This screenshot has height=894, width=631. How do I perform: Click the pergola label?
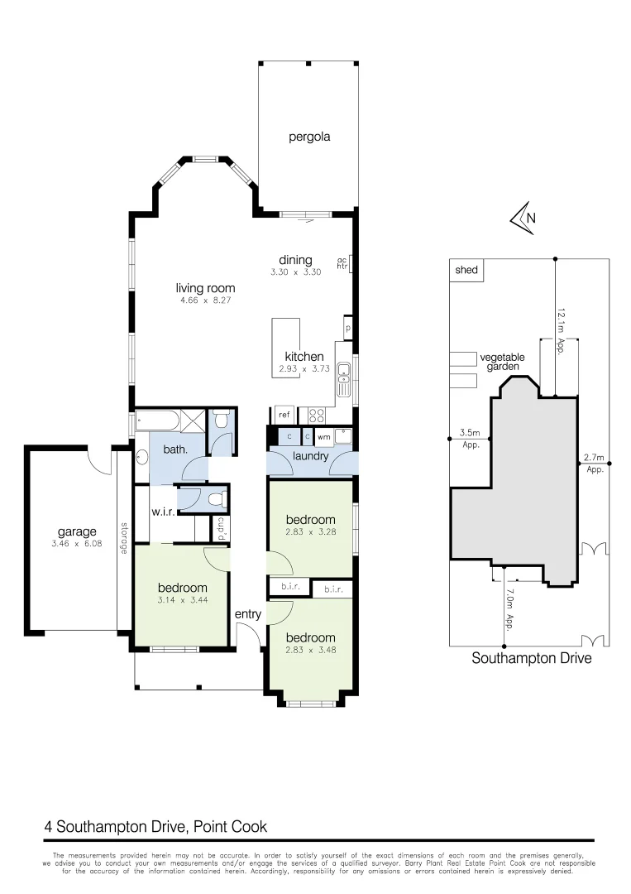pyautogui.click(x=309, y=137)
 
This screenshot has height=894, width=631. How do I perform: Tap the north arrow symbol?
pyautogui.click(x=522, y=218)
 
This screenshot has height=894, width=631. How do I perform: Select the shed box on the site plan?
pyautogui.click(x=467, y=270)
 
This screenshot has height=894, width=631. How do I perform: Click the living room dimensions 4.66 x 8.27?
pyautogui.click(x=205, y=301)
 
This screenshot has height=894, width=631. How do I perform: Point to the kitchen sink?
pyautogui.click(x=345, y=381)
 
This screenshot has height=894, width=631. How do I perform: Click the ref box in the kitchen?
pyautogui.click(x=284, y=415)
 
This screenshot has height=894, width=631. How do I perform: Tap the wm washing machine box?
pyautogui.click(x=324, y=436)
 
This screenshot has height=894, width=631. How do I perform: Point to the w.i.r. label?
pyautogui.click(x=160, y=511)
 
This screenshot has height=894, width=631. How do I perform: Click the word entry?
pyautogui.click(x=247, y=614)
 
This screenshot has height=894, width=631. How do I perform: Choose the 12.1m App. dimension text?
pyautogui.click(x=560, y=330)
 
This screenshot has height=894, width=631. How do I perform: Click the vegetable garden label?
pyautogui.click(x=502, y=362)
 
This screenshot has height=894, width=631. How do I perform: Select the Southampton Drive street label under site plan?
pyautogui.click(x=531, y=660)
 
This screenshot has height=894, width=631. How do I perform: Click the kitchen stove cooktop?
pyautogui.click(x=317, y=416)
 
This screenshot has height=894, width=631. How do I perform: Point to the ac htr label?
pyautogui.click(x=341, y=263)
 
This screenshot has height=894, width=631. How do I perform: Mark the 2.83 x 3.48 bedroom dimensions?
pyautogui.click(x=311, y=651)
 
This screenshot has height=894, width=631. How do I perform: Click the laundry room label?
pyautogui.click(x=311, y=456)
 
